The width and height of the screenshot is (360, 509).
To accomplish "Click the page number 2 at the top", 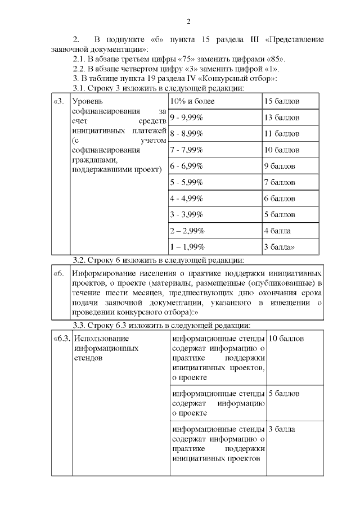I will point(189,21).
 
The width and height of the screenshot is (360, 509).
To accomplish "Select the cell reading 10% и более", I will point(192,101).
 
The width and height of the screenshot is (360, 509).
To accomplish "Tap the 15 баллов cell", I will point(281,101).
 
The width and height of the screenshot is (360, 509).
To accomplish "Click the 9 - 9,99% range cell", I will point(186,118).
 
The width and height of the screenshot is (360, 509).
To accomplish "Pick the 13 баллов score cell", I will point(281,118).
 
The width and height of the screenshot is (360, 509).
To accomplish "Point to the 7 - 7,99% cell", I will point(186,150).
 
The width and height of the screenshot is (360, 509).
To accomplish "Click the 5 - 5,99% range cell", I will point(186,183).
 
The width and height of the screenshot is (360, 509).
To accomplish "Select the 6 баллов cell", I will point(279,199).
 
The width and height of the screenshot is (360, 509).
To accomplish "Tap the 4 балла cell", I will point(277,231).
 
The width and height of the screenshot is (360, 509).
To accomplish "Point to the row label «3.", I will point(58,102).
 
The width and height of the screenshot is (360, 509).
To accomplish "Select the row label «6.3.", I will point(61,339).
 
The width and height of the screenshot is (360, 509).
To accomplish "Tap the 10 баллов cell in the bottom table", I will point(286,339).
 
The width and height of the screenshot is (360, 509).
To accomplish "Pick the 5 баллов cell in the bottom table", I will point(283,393).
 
